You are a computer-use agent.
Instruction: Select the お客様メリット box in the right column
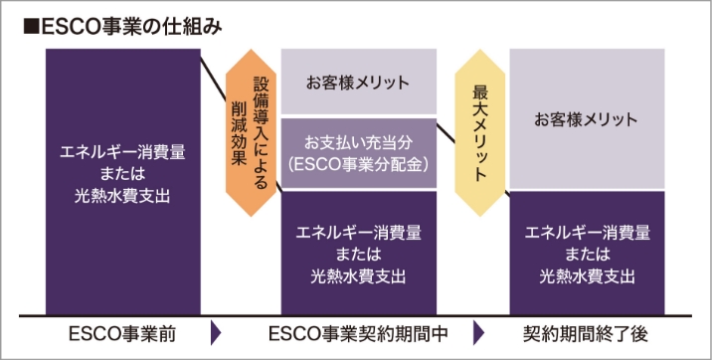click(587, 119)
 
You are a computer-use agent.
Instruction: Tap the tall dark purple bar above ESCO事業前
click(123, 179)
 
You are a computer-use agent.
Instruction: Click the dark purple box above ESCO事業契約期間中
click(359, 254)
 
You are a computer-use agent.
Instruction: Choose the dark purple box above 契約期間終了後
click(587, 254)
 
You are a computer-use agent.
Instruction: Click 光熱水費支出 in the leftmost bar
click(123, 196)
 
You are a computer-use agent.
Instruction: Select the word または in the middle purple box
click(359, 254)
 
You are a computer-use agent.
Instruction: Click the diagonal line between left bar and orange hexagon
click(213, 75)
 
